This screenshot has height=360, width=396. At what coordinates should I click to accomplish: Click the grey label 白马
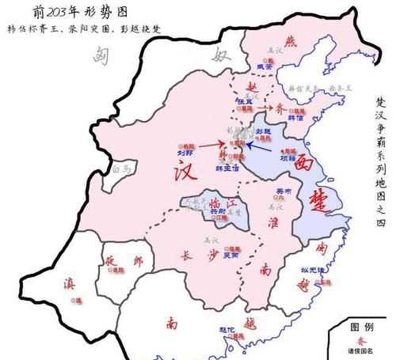pyautogui.click(x=121, y=169)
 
